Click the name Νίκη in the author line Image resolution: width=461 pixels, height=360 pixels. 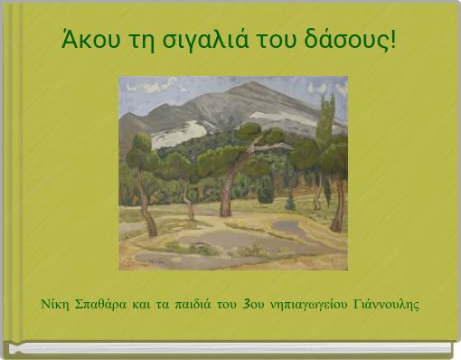pyautogui.click(x=57, y=302)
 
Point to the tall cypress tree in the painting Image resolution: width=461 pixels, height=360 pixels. pyautogui.click(x=325, y=122)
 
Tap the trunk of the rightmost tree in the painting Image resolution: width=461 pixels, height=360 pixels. pyautogui.click(x=339, y=204)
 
